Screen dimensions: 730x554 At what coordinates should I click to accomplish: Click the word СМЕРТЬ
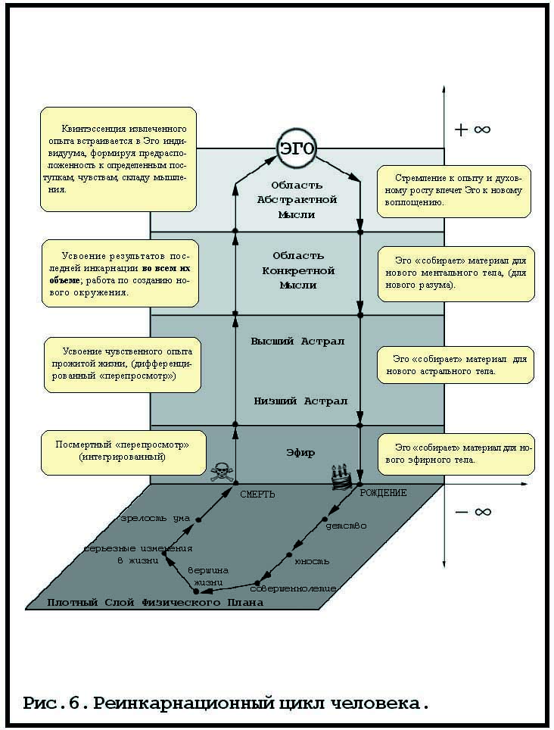[257, 494]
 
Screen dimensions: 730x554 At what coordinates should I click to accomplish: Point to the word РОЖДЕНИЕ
[383, 493]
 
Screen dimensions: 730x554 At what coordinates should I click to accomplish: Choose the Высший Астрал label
[297, 342]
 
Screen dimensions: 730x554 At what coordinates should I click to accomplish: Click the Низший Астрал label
[300, 400]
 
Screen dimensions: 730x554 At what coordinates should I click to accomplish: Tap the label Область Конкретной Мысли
[297, 270]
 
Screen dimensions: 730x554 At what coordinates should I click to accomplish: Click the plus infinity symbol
[472, 129]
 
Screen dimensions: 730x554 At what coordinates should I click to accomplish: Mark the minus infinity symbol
[472, 512]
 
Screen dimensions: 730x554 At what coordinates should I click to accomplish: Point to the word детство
[346, 524]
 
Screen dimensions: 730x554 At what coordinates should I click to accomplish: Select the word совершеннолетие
[293, 588]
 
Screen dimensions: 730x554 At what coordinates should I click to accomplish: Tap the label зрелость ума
[155, 519]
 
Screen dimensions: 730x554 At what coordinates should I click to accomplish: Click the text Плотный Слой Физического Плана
[155, 603]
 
